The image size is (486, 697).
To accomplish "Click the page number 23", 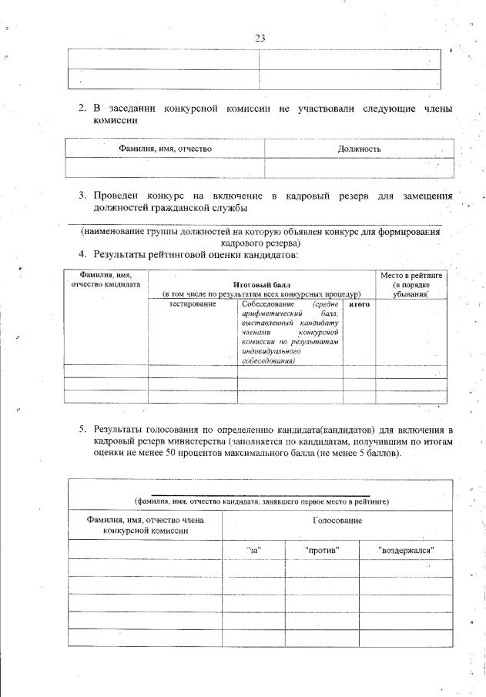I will click(260, 37).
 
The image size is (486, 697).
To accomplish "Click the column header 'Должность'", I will click(360, 148).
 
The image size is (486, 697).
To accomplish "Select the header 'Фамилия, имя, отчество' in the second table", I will click(165, 148).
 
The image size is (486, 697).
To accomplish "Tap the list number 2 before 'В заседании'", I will click(82, 109).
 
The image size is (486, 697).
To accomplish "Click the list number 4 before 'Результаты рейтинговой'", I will click(82, 253).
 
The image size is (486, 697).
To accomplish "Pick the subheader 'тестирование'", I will click(192, 305).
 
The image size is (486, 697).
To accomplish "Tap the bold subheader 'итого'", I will click(359, 305).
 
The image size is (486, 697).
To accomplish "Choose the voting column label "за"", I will click(254, 550).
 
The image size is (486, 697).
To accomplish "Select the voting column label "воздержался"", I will click(407, 550).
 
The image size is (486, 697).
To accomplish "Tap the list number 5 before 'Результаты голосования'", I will click(82, 428).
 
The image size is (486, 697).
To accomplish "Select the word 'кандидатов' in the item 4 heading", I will click(270, 253).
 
